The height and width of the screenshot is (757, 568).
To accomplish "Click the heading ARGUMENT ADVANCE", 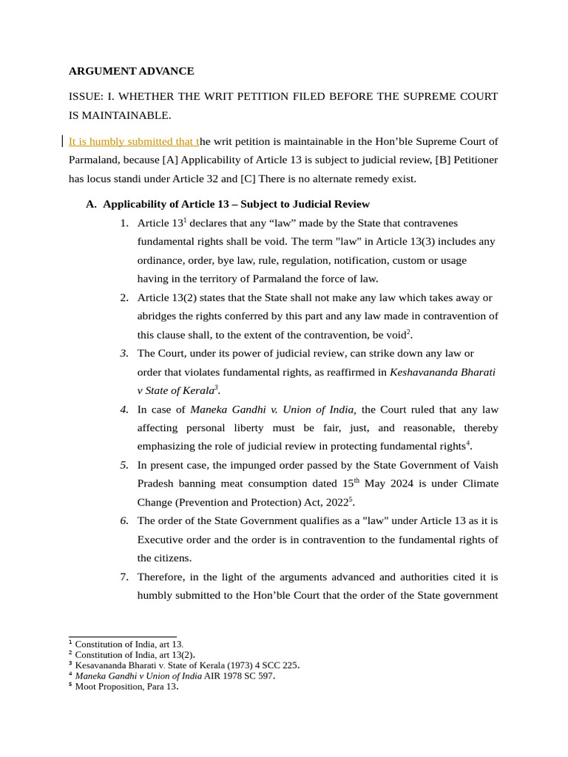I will tap(131, 71).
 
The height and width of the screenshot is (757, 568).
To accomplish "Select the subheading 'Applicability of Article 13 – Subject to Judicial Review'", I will tap(236, 204).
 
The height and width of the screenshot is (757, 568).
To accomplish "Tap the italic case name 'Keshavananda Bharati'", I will tap(442, 372).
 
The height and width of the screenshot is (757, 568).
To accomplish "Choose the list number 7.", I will tap(124, 577).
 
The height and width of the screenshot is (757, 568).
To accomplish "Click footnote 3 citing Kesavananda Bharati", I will tap(186, 665).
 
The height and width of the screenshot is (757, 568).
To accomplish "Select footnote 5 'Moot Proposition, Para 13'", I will tap(126, 686).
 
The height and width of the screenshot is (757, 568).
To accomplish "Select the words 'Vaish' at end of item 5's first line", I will tap(484, 465).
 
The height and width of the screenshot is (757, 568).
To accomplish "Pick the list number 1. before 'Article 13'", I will tap(124, 223).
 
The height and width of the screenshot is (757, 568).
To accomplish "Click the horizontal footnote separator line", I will tap(122, 637).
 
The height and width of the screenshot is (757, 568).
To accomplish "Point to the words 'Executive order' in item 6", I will tap(172, 539).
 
